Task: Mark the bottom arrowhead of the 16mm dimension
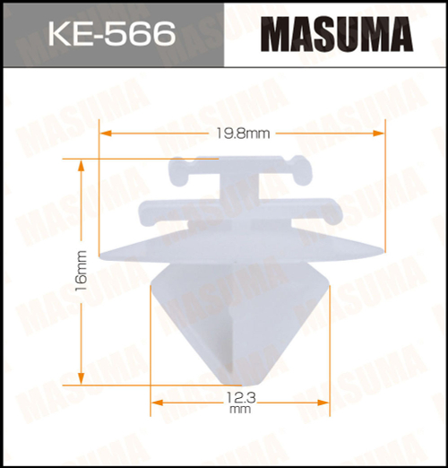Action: (x=82, y=377)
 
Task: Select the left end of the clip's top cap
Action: (x=173, y=168)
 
